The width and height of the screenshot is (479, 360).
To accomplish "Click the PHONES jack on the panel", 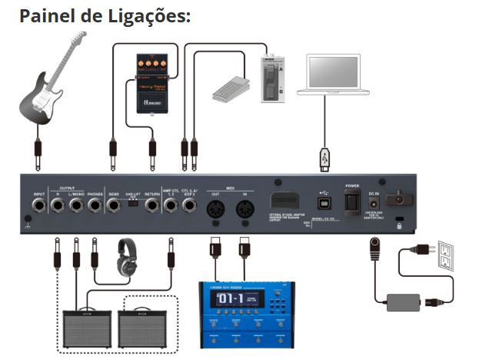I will tap(95, 206).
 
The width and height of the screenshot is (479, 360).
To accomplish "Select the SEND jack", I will tap(114, 206).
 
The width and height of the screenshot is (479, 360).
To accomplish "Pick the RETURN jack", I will tap(151, 206).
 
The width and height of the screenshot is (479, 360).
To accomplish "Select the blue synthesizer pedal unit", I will tap(247, 312).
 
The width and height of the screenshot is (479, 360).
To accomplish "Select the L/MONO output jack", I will tap(76, 206).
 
